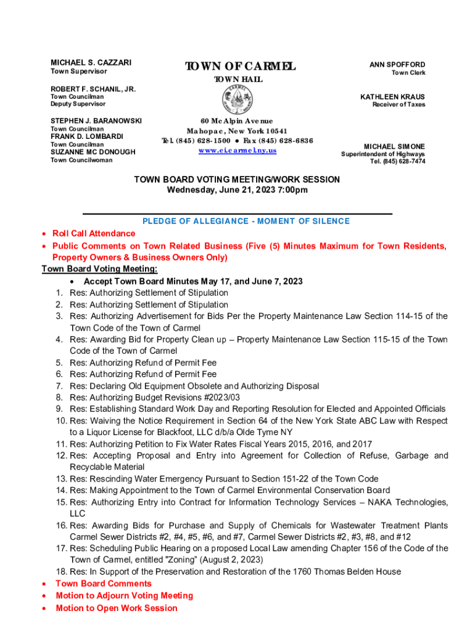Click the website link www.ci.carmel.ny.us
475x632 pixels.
238,151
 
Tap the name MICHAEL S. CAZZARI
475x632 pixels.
91,63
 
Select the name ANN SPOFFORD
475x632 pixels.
397,65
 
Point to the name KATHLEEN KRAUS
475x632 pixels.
392,97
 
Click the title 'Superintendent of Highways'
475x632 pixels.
383,154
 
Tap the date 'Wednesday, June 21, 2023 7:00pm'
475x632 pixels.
238,190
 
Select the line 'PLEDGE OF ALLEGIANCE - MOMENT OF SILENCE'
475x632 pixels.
246,221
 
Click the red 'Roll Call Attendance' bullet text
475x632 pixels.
94,233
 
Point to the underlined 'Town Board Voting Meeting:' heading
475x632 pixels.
99,268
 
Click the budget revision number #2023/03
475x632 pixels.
218,397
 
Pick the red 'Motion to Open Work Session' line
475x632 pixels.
117,608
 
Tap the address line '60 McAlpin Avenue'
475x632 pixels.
237,122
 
